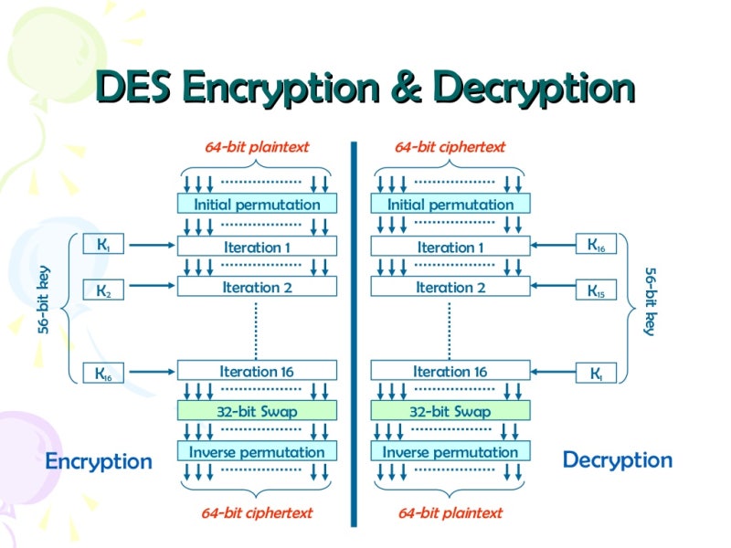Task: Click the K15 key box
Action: coord(596,290)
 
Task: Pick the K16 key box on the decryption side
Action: coord(596,245)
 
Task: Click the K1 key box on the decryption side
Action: coord(596,373)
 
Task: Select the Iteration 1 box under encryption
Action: coord(257,247)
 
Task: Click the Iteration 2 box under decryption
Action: coord(450,287)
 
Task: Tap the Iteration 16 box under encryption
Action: coord(257,371)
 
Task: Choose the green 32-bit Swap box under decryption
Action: coord(450,411)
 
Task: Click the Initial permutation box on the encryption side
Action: coord(257,204)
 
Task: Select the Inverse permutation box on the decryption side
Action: coord(450,452)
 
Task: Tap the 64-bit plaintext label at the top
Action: coord(257,146)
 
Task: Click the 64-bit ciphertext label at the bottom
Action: coord(257,512)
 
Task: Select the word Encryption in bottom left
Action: coord(99,460)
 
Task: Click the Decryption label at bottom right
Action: coord(617,459)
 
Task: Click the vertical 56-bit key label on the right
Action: coord(650,301)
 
